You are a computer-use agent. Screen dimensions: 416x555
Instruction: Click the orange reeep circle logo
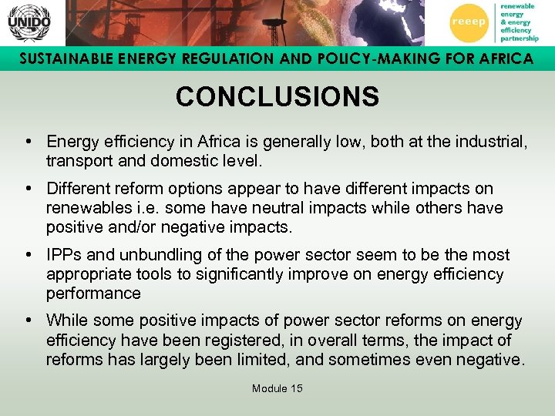468,22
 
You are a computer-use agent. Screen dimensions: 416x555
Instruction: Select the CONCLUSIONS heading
277,97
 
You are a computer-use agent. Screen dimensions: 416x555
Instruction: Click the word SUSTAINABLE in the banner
62,59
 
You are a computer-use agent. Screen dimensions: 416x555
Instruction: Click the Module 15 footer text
277,388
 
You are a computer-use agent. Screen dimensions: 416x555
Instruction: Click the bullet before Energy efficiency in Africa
28,142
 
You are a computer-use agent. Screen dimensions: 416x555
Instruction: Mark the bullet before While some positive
28,321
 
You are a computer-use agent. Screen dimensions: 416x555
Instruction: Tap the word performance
93,294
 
